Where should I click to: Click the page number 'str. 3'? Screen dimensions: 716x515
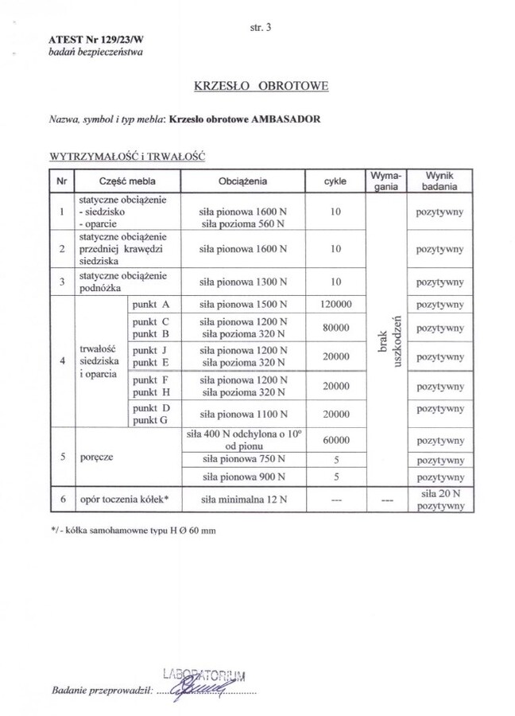(260, 27)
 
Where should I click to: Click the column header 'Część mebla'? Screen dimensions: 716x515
(127, 181)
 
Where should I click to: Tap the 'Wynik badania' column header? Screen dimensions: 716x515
(439, 181)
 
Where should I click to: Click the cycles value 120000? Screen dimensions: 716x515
(335, 305)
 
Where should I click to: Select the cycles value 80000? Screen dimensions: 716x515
(335, 327)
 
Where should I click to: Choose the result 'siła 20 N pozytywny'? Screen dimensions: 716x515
(439, 499)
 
